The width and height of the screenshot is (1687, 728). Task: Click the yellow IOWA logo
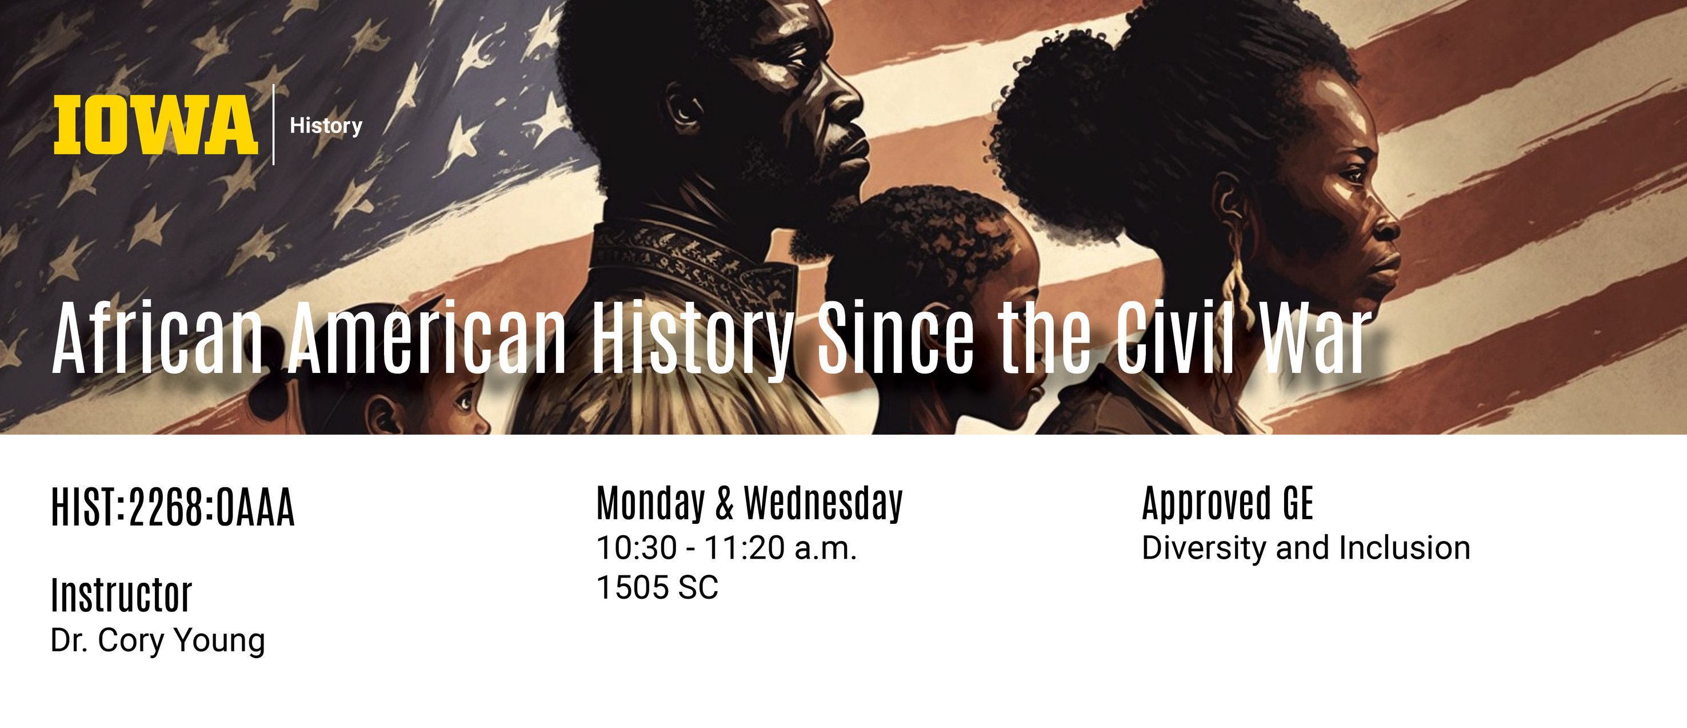click(155, 125)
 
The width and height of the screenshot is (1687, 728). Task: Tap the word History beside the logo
click(326, 125)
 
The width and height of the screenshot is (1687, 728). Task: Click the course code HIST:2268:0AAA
click(173, 507)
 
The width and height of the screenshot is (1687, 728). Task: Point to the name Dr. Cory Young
click(158, 640)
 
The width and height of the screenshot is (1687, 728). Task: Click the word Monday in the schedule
click(651, 503)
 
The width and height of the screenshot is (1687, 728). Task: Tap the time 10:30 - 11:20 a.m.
click(727, 548)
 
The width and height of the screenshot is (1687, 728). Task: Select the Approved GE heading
click(1228, 503)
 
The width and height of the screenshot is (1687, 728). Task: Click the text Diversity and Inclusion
click(1306, 548)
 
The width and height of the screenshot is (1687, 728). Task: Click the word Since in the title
click(896, 338)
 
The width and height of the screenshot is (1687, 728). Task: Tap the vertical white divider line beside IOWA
click(273, 125)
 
